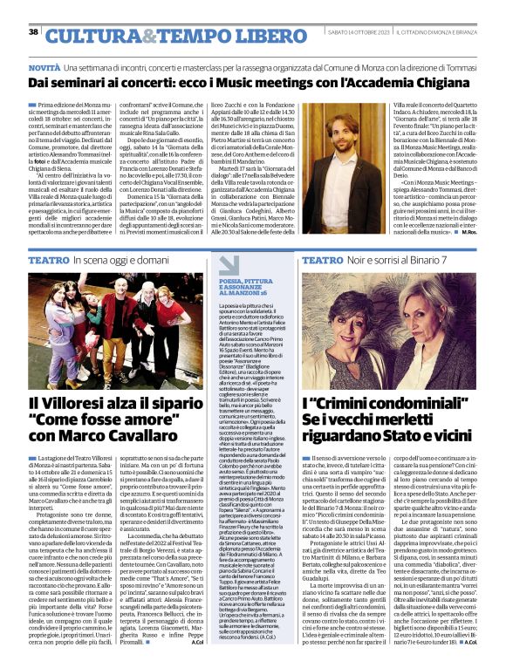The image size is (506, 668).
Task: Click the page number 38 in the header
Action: pos(32,31)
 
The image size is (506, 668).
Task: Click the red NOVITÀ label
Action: pos(44,67)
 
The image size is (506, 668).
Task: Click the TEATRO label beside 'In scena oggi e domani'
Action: pos(49,261)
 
